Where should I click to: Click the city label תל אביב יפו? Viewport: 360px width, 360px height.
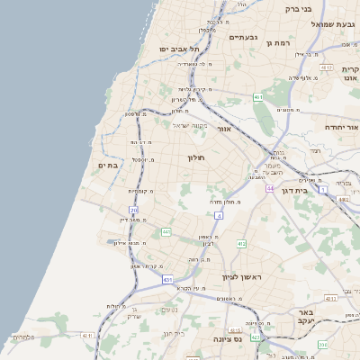coord(177,49)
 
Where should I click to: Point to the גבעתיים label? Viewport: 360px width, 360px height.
coord(243,37)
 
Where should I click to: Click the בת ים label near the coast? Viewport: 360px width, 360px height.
coord(108,165)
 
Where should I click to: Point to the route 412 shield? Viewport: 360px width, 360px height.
coord(242,244)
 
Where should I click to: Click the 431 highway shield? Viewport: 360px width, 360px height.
coord(168,280)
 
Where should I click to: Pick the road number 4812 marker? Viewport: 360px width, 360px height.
coord(326,67)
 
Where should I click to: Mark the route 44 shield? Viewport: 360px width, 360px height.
coord(269,188)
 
